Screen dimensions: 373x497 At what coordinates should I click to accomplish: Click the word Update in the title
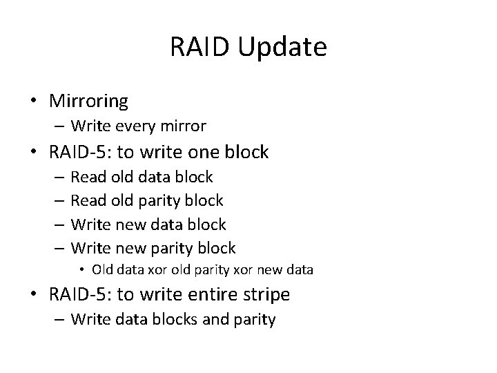285,48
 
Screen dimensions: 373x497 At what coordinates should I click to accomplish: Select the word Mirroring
88,102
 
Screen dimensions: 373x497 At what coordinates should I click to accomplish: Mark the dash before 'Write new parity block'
59,248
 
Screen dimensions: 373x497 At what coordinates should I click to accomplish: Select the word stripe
264,295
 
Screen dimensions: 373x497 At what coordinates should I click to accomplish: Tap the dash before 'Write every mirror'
59,126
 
